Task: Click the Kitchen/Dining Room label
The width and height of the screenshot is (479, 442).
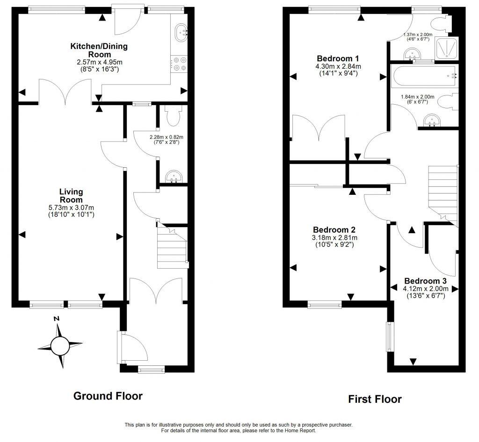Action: tap(99, 50)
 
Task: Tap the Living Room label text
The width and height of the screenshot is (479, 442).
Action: tap(71, 195)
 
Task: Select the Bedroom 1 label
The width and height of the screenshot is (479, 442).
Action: tap(338, 58)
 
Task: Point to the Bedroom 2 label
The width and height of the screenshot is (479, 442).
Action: tap(334, 229)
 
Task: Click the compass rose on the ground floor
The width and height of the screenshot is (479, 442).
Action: tap(59, 345)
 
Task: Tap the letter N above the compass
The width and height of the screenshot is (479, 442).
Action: tap(57, 319)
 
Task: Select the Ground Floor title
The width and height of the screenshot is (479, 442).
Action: tap(108, 396)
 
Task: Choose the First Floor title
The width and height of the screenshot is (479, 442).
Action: tap(375, 399)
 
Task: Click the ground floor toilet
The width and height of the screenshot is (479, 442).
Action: tap(172, 117)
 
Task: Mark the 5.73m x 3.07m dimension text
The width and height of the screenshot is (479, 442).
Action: tap(71, 207)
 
